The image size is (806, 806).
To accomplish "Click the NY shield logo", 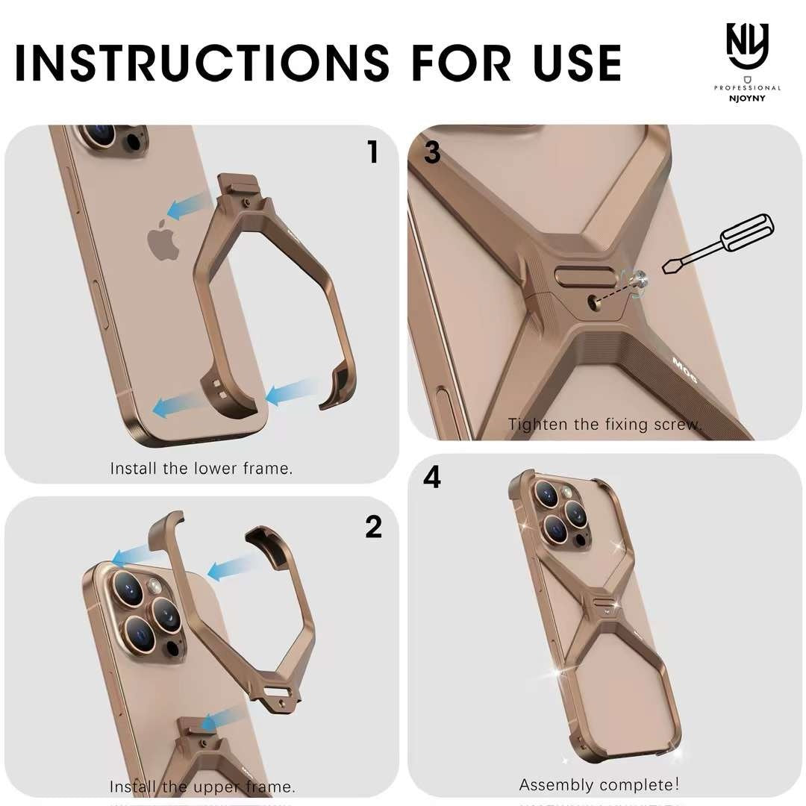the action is [747, 46].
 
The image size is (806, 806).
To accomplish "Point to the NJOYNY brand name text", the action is [747, 99].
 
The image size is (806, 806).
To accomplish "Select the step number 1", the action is [374, 152].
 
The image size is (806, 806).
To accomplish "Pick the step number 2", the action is [374, 527].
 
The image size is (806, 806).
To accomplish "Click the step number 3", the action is [432, 153].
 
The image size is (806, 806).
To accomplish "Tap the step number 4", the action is [432, 478].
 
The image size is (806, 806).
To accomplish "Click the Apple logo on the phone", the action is [163, 239].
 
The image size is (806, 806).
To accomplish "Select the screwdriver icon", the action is [718, 243].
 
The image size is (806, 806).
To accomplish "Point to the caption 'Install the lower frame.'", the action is [201, 469].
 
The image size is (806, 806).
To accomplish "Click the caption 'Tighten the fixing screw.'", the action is [605, 425].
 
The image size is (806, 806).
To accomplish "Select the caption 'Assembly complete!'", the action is [599, 785].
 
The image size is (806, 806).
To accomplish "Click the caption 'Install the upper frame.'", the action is [202, 787].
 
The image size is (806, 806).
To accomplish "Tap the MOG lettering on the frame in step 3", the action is [685, 370].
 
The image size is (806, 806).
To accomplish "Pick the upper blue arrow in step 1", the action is [188, 207].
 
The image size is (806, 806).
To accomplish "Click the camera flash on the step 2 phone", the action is [154, 586].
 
